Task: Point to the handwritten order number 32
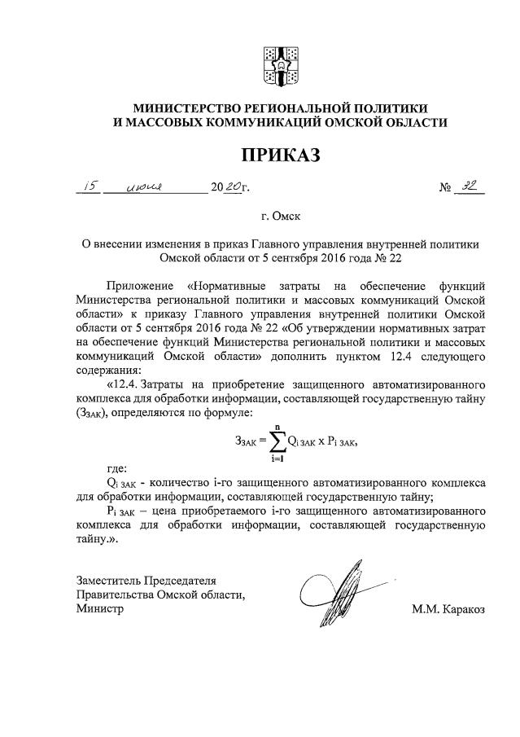pyautogui.click(x=470, y=186)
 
